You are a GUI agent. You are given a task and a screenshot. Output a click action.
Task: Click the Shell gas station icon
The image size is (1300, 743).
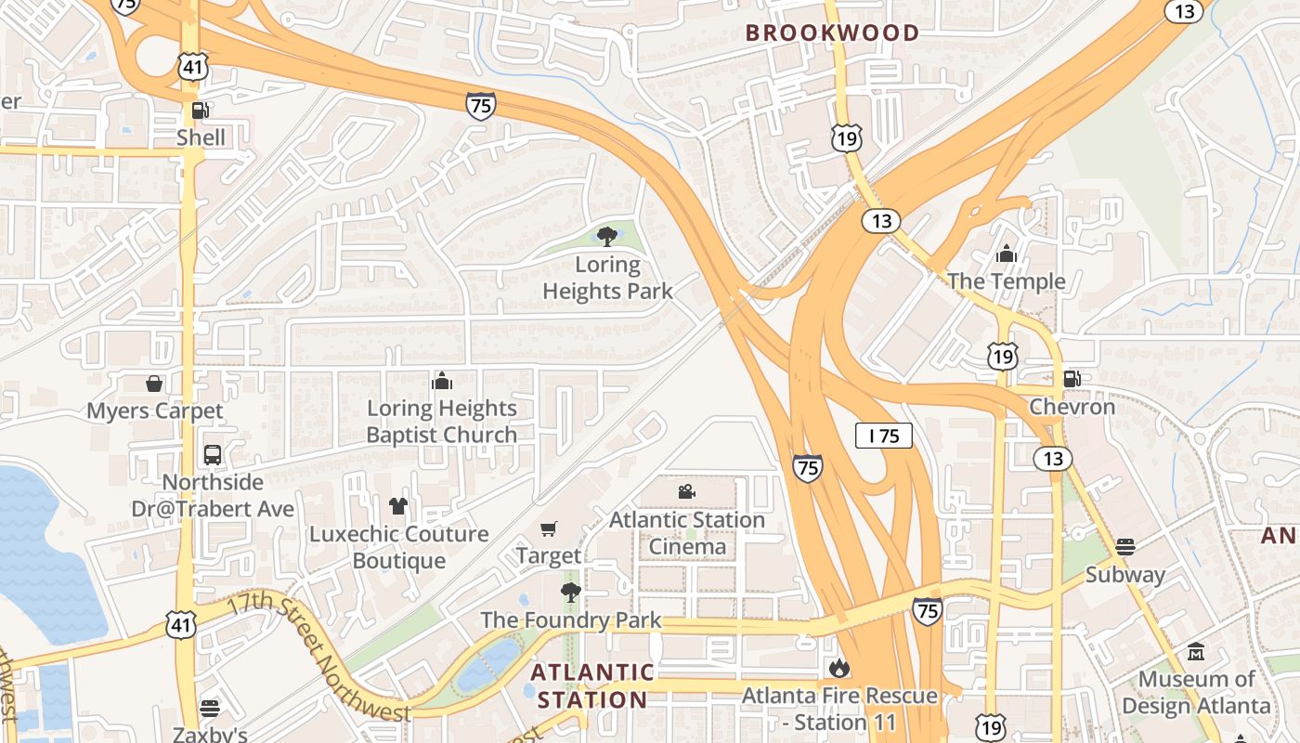point(200,111)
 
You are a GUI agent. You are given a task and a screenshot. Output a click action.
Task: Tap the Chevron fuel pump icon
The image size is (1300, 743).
point(1072,378)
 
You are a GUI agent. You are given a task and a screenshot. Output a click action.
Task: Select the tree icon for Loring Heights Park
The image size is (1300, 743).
point(607,236)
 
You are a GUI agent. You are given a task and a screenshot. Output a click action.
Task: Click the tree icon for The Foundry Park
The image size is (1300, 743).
point(570,592)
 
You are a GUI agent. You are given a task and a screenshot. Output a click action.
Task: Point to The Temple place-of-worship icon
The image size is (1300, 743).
point(1006,253)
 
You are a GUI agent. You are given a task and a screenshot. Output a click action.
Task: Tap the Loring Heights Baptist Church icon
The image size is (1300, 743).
point(442,380)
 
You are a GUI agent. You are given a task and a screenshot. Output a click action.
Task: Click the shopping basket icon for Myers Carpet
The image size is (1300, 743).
point(154,383)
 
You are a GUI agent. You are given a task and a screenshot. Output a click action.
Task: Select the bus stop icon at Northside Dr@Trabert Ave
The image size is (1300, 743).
point(212,454)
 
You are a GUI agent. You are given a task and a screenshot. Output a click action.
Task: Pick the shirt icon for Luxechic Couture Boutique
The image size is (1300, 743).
point(398,505)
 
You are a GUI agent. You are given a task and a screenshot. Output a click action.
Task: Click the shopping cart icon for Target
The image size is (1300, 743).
point(549,528)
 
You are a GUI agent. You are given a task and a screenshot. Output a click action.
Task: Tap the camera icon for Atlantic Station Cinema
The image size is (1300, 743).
point(686,491)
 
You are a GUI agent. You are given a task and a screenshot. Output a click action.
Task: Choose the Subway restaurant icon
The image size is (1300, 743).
point(1125,546)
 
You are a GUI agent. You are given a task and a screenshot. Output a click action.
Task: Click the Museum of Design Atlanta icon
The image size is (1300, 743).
point(1196,652)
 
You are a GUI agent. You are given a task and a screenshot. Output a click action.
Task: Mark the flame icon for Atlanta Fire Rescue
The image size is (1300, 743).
point(838,667)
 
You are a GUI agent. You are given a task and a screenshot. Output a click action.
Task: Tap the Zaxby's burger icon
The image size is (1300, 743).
point(210,708)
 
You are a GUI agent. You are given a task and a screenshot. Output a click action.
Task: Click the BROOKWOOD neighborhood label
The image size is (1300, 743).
point(832,33)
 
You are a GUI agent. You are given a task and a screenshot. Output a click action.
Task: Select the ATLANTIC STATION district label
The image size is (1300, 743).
point(592,685)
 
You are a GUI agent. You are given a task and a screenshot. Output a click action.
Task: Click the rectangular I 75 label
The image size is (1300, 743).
point(883,436)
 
